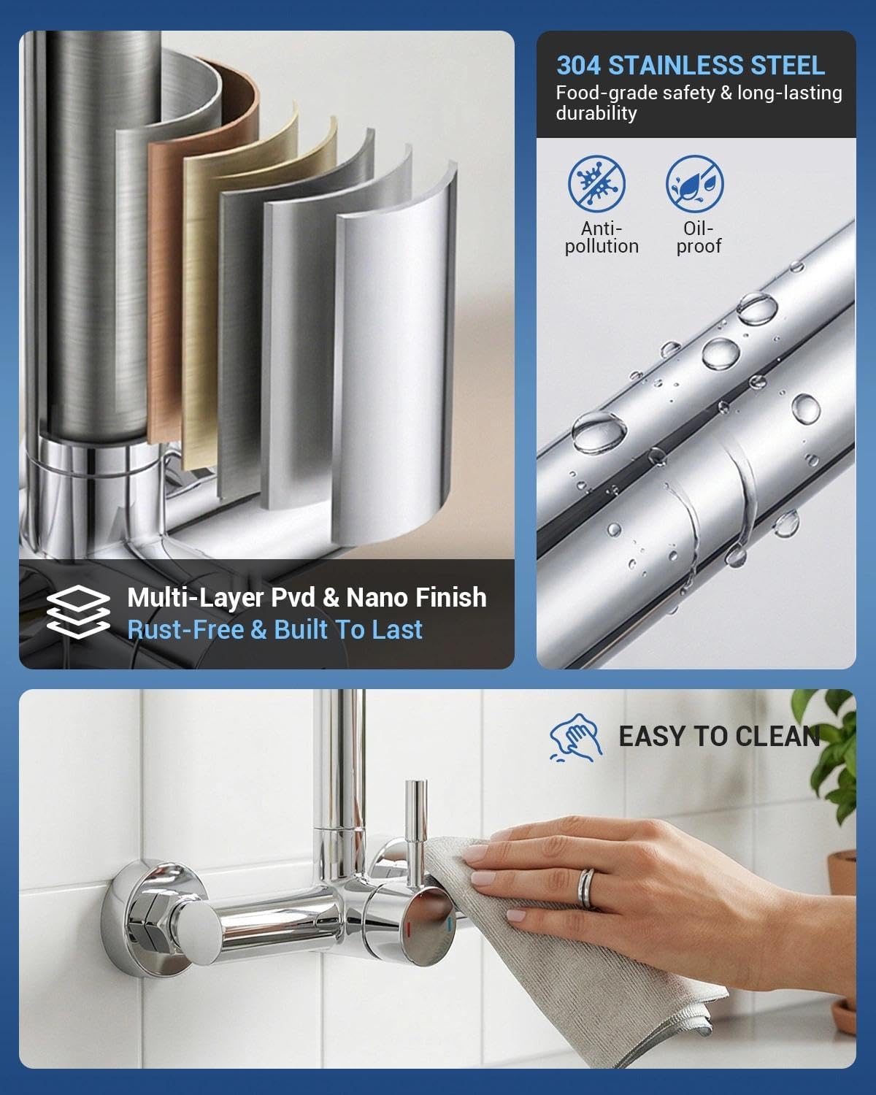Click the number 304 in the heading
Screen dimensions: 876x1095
point(578,66)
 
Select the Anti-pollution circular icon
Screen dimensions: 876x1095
point(596,184)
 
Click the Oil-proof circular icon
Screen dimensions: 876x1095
point(694,184)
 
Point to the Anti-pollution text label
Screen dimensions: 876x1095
point(602,237)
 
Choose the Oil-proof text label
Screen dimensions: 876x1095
point(699,237)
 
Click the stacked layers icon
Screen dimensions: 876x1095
point(78,612)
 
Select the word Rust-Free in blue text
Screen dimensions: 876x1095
point(185,629)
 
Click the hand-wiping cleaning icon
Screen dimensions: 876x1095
point(576,737)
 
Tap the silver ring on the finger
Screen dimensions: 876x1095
point(586,888)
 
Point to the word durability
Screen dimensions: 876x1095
point(596,113)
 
